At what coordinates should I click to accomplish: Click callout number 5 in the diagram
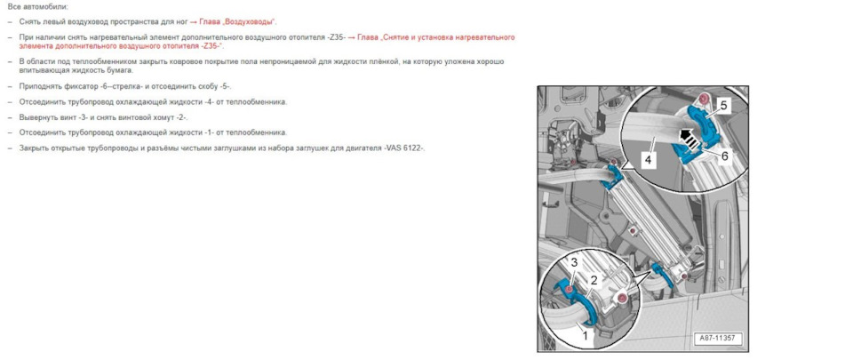coord(723,105)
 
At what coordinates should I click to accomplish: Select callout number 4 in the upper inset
coord(649,162)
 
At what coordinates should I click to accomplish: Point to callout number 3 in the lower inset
coord(574,263)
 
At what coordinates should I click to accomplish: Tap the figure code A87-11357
coord(720,339)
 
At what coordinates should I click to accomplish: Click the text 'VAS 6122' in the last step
coord(405,148)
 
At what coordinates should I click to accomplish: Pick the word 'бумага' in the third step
coord(120,69)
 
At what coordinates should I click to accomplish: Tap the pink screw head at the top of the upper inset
coord(703,97)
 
